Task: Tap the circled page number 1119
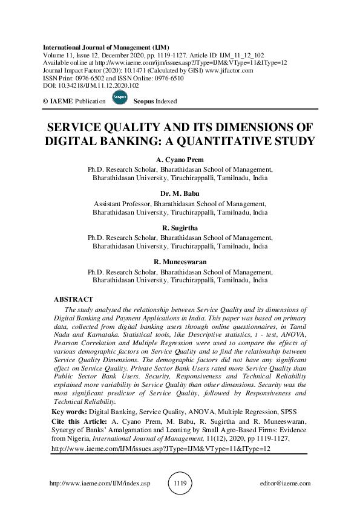(180, 484)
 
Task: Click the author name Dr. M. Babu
(180, 193)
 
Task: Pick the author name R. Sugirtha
(180, 227)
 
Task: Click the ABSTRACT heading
(73, 299)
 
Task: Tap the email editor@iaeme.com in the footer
(284, 484)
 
